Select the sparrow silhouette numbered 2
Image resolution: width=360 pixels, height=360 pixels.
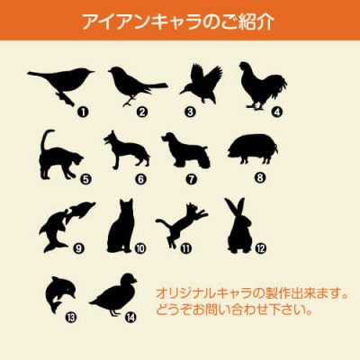coord(133,84)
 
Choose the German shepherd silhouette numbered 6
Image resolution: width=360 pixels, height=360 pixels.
coord(126,149)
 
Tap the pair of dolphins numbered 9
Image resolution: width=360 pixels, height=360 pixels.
coord(62,226)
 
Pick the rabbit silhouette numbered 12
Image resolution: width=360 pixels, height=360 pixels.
coord(239,224)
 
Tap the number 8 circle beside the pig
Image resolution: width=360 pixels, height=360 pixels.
coord(261,178)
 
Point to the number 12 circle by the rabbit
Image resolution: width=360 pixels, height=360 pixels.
coord(261,247)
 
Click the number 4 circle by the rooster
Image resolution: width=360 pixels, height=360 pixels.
coord(278,112)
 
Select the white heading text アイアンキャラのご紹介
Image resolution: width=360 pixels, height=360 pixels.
coord(180,20)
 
